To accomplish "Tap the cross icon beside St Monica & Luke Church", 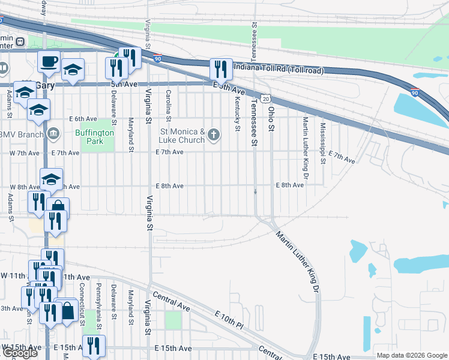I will (x=214, y=136).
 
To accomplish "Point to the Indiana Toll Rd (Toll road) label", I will (x=279, y=69).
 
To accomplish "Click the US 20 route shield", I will (x=265, y=98).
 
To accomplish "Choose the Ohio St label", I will (x=271, y=112).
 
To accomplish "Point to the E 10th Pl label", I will (x=228, y=318).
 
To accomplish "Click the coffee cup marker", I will (x=49, y=61).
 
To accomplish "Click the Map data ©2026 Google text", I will (x=411, y=356).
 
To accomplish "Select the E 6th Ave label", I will (x=83, y=119).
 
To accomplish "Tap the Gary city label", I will (x=45, y=85).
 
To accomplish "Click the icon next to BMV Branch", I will (x=53, y=133).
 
